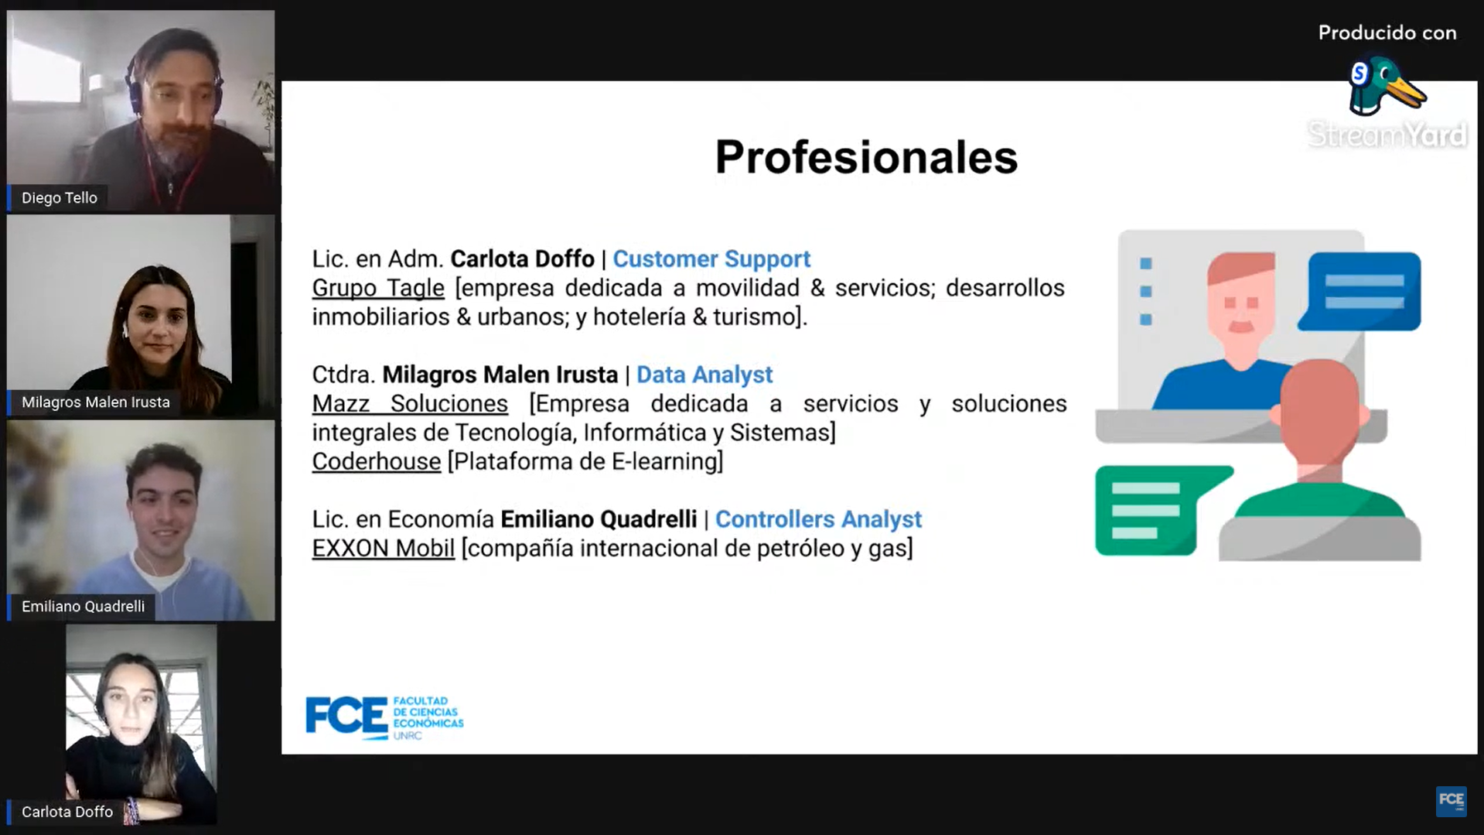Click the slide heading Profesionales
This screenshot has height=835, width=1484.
point(866,157)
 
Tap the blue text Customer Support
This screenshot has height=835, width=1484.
point(711,259)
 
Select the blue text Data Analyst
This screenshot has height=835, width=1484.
point(704,375)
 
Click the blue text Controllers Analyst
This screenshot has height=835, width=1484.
point(818,519)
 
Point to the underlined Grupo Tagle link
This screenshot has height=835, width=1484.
point(378,288)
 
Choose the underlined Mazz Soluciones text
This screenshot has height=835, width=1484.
point(410,403)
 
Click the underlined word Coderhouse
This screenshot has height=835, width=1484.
point(377,461)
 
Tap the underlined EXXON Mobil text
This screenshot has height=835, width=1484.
point(384,548)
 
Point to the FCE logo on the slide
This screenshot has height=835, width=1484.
point(384,718)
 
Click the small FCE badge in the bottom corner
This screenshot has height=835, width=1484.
point(1451,801)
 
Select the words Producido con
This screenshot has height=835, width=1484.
point(1387,33)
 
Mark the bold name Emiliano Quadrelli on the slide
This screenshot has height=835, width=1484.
point(599,519)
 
